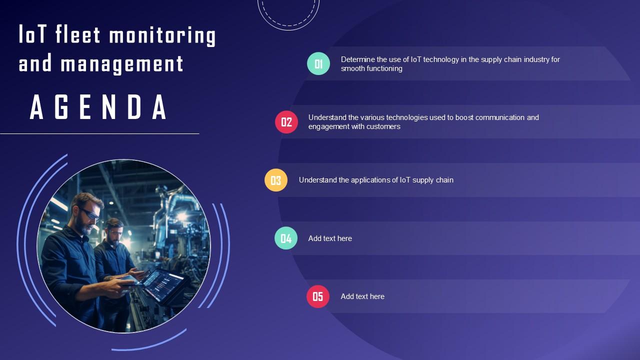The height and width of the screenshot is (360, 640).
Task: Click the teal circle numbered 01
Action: pos(318,63)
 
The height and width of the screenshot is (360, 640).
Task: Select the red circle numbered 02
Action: pos(286,122)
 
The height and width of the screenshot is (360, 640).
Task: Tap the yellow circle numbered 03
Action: pos(276,180)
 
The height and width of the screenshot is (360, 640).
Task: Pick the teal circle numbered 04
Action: pos(286,238)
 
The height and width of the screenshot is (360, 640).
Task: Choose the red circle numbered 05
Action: pos(318,296)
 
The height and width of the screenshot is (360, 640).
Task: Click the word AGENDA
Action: pos(99,107)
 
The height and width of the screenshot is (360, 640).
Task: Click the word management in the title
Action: pos(122,64)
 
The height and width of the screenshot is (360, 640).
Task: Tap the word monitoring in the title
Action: pos(162,36)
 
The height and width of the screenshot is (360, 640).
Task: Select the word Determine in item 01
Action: pos(357,59)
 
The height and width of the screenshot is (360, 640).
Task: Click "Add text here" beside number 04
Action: pos(330,238)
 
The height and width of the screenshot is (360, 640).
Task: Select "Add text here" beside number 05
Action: pos(362,296)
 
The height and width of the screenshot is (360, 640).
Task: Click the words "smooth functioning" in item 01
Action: pos(371,68)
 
